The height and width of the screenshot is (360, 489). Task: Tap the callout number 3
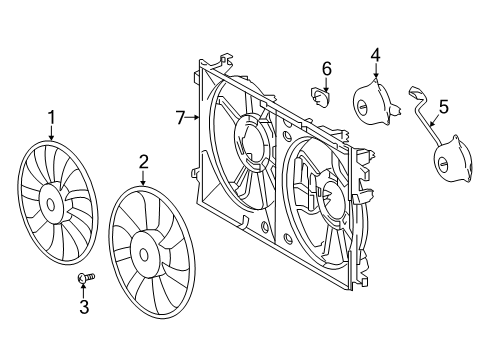coord(84,308)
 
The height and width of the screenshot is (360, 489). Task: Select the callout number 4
coord(375,54)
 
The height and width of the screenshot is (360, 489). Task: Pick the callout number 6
coord(326,68)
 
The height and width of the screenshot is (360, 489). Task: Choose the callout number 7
coord(181,118)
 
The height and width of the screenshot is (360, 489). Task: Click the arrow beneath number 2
coord(144,178)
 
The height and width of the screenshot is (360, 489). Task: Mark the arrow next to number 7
coord(196,118)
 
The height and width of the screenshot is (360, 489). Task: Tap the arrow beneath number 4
coord(375,72)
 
